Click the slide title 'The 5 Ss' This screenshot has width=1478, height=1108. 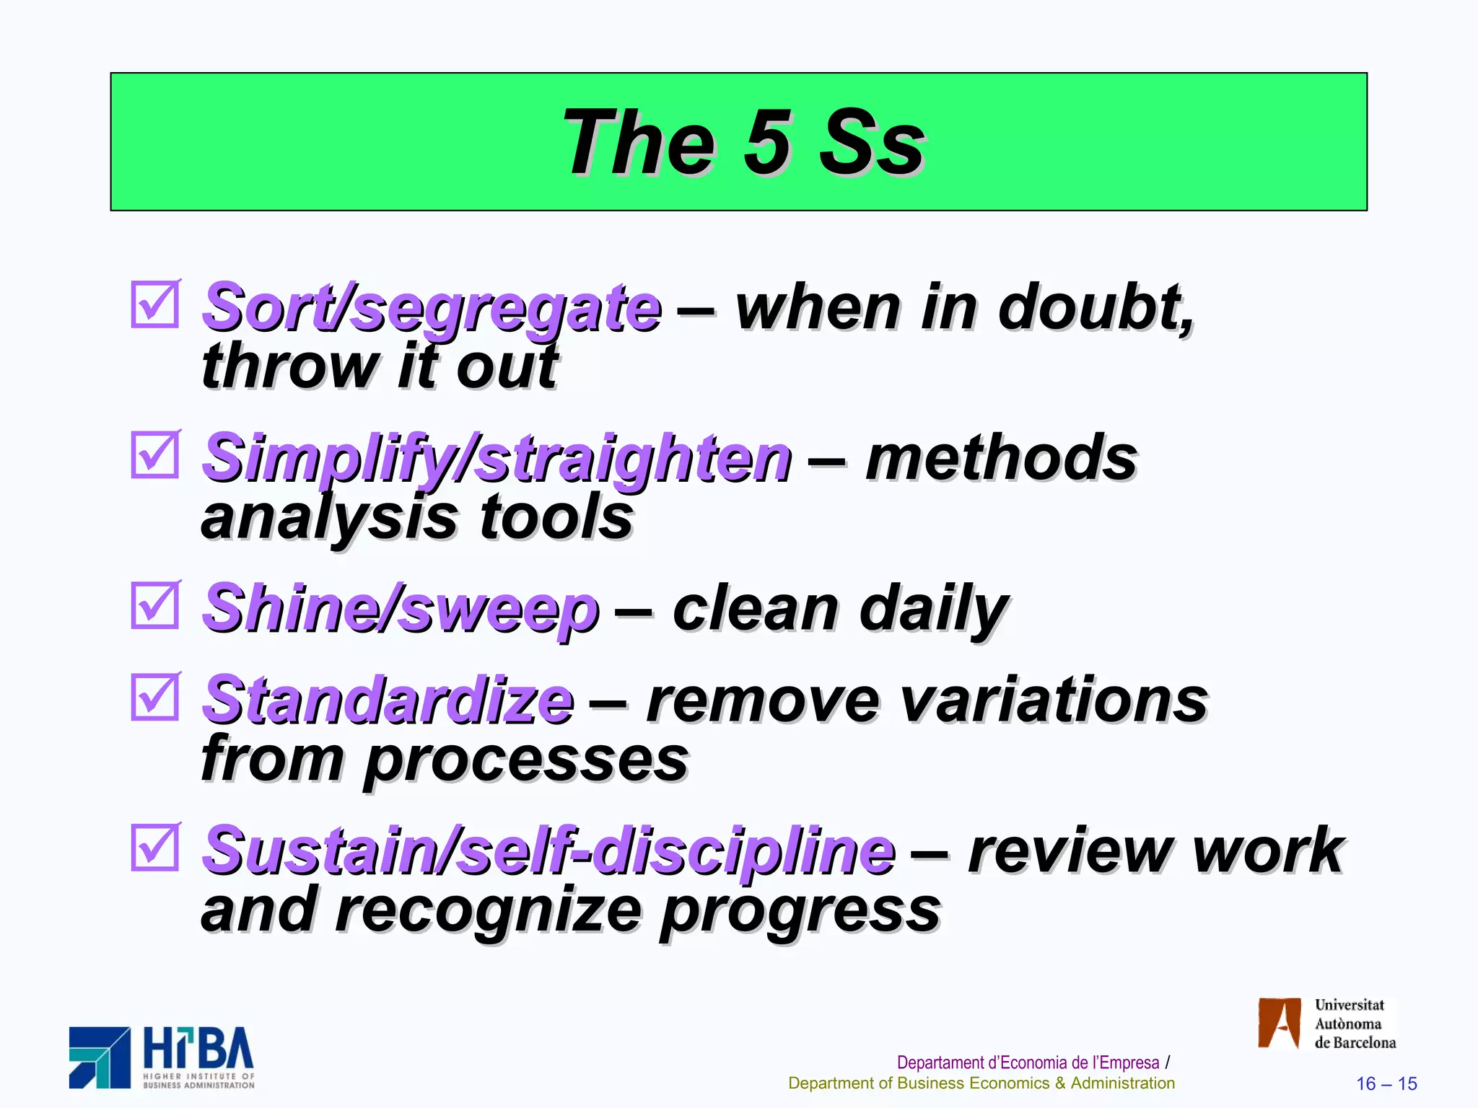click(x=743, y=142)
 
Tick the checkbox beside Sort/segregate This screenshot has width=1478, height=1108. click(x=154, y=304)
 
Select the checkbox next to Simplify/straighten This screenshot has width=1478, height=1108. click(x=154, y=454)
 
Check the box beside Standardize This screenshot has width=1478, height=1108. click(x=154, y=697)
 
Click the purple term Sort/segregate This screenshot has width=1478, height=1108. click(x=432, y=309)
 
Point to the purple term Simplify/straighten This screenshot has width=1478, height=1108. click(x=497, y=459)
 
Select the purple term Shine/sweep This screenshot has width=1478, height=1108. click(x=401, y=610)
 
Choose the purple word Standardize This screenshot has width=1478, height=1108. click(x=388, y=701)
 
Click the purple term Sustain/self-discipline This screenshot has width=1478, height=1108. click(x=548, y=851)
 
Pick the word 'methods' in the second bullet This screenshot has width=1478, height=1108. click(x=1002, y=459)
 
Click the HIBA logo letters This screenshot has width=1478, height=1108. click(x=198, y=1049)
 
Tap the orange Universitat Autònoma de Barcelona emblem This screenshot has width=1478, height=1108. click(x=1279, y=1023)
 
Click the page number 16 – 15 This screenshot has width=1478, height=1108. click(x=1386, y=1083)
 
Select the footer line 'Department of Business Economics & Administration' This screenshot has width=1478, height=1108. click(x=981, y=1083)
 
